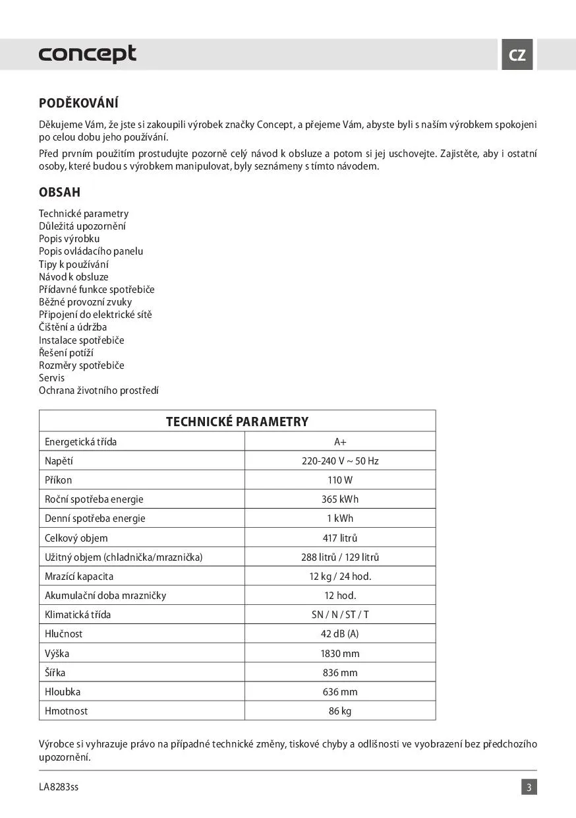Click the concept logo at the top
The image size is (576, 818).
click(88, 54)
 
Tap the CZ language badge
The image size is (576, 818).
click(517, 55)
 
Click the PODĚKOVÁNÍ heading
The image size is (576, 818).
click(78, 103)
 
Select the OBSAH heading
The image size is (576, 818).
click(59, 193)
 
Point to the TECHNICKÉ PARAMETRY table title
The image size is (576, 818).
click(237, 422)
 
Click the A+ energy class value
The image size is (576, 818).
click(340, 441)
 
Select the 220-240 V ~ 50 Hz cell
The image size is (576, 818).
click(340, 460)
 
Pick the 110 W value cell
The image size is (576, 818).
click(340, 480)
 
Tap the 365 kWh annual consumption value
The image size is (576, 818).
click(340, 499)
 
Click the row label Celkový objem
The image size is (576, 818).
click(76, 538)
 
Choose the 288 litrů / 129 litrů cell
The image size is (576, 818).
click(340, 557)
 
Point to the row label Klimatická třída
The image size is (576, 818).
click(78, 614)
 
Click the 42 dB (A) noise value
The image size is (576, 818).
click(340, 634)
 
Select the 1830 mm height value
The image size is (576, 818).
click(340, 653)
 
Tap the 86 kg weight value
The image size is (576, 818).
click(340, 711)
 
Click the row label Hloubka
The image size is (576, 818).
click(63, 692)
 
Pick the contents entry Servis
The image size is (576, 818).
click(52, 378)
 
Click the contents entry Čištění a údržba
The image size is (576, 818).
click(73, 327)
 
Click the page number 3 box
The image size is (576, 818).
click(529, 787)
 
